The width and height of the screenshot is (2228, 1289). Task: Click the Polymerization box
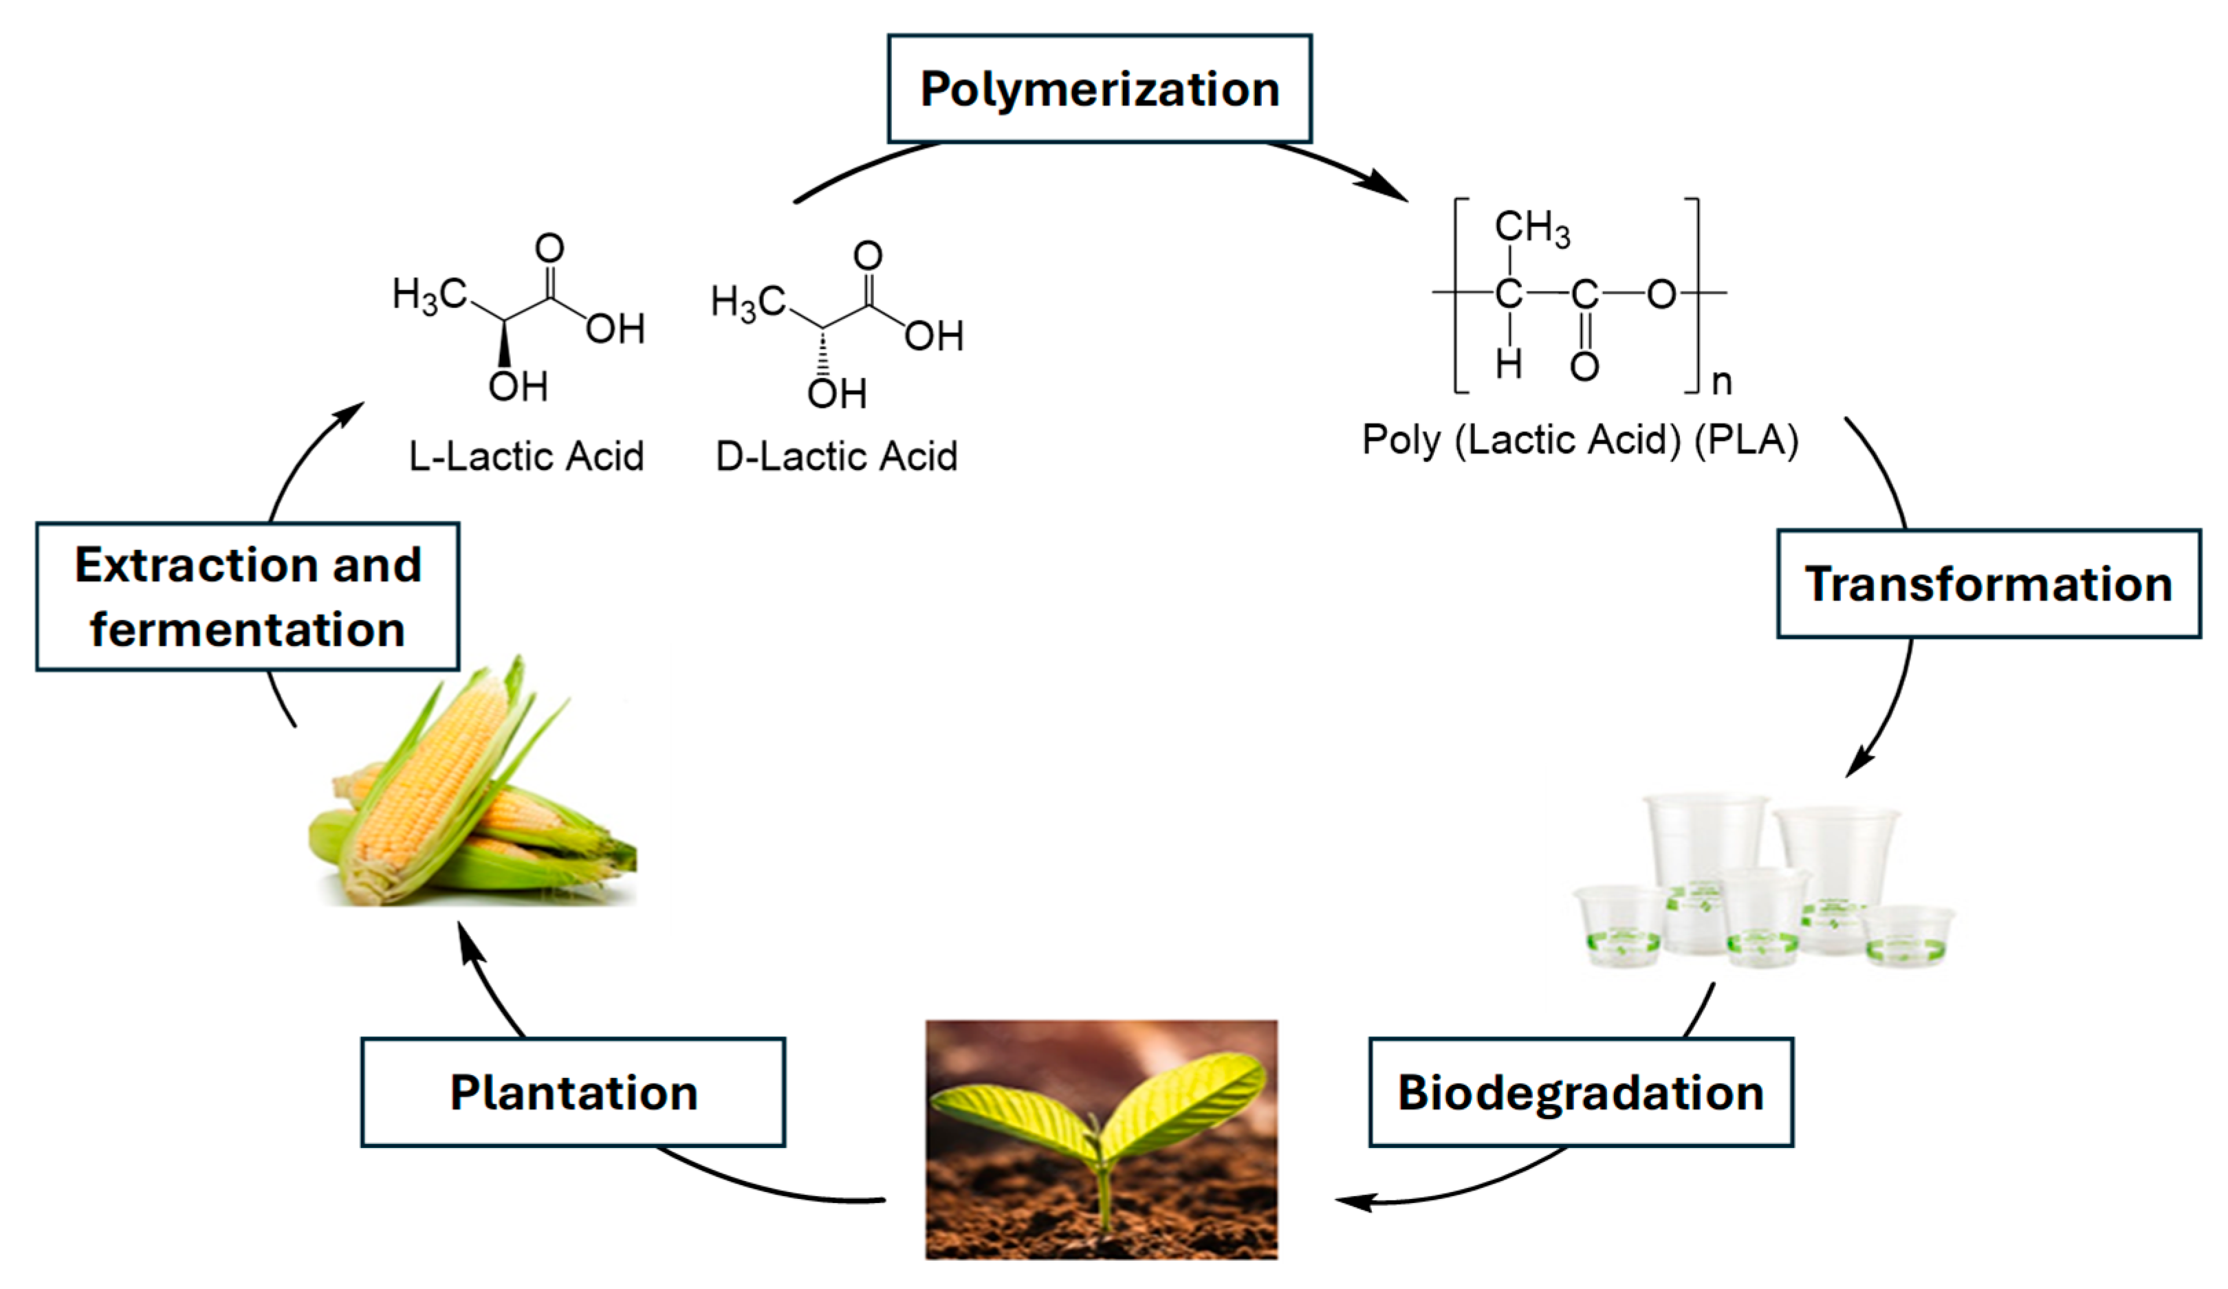point(1099,89)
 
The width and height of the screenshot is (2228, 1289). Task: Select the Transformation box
point(1989,584)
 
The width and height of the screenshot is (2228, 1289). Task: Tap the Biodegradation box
point(1581,1093)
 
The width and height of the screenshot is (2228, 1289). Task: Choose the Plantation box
point(573,1093)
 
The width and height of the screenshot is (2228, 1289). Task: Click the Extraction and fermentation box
point(248,597)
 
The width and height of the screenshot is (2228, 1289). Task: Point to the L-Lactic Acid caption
point(526,457)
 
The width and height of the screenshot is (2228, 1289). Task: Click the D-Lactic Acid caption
point(836,457)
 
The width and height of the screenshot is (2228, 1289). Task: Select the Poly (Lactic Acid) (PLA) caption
point(1580,440)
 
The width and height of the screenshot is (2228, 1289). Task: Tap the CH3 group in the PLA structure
point(1532,228)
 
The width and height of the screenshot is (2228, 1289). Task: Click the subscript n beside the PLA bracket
point(1721,382)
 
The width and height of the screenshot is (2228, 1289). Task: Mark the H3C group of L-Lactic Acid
point(430,294)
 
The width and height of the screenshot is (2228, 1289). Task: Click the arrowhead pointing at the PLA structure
point(1386,188)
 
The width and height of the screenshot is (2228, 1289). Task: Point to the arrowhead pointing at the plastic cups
point(1859,762)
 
